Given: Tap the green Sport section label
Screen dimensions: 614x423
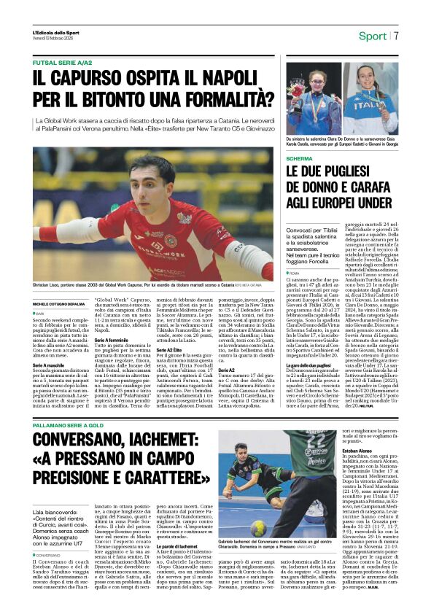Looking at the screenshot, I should click(x=372, y=36).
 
